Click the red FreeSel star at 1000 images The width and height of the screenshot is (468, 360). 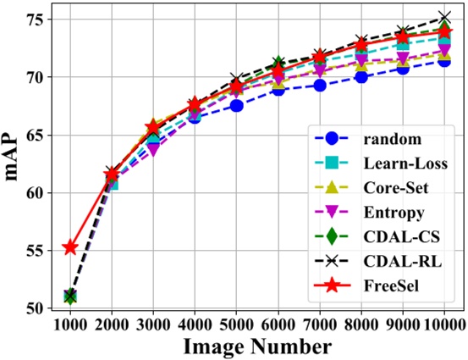click(70, 247)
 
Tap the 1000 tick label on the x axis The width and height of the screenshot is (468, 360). click(70, 324)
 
